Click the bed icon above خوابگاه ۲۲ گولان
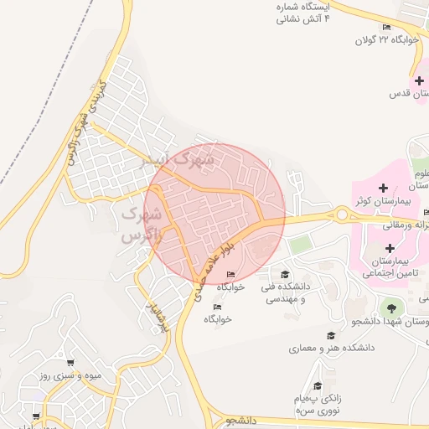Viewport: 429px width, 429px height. pyautogui.click(x=387, y=27)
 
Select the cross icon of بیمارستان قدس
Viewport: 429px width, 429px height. pyautogui.click(x=418, y=80)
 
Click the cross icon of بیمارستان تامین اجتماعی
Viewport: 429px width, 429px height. pyautogui.click(x=390, y=248)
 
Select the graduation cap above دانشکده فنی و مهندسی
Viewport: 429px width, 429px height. pyautogui.click(x=285, y=274)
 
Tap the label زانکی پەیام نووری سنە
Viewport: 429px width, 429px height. pyautogui.click(x=318, y=406)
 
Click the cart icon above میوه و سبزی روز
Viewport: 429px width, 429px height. pyautogui.click(x=70, y=364)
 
